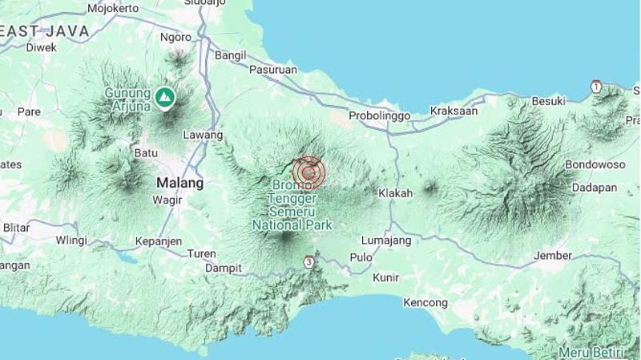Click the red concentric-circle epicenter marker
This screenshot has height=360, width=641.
coord(308,172)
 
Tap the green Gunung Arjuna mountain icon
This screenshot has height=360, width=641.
coord(165,98)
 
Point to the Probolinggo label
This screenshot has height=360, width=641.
coord(380,115)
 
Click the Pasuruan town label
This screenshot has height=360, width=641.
coord(273,70)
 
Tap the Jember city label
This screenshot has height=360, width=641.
coord(553,256)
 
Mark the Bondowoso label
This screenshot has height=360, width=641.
coord(595,164)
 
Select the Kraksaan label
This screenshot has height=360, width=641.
coord(454,111)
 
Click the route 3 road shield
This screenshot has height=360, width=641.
coord(309,261)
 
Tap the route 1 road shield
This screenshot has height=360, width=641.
coord(595,86)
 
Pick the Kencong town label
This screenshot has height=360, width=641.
coord(425,302)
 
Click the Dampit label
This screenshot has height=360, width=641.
coord(224,268)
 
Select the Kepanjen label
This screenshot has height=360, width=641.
coord(158,241)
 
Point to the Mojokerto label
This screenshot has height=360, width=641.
coord(113,9)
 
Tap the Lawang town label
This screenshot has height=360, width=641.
coord(203,135)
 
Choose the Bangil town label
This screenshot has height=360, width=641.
coord(230,55)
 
